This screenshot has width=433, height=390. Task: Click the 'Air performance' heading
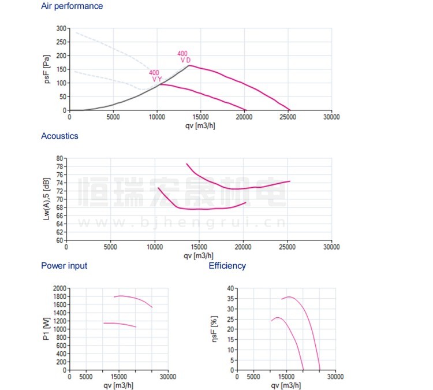[72, 6]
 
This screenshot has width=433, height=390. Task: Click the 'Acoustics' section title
[59, 136]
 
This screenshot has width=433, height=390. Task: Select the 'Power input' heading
[64, 266]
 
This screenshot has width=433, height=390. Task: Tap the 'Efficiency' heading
[227, 266]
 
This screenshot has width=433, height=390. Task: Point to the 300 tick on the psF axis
[61, 28]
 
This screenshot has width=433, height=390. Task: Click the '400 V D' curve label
[184, 57]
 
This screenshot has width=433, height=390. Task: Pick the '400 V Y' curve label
[155, 76]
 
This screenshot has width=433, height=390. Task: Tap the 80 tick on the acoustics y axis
[59, 158]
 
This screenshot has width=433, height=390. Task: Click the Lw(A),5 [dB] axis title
[47, 199]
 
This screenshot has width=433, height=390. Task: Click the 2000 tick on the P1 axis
[58, 288]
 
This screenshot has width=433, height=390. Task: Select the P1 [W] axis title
[46, 329]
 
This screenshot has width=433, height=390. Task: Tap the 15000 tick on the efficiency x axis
[286, 377]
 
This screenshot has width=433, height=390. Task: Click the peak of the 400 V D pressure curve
[189, 66]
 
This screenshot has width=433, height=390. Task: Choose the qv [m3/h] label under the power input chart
[119, 385]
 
